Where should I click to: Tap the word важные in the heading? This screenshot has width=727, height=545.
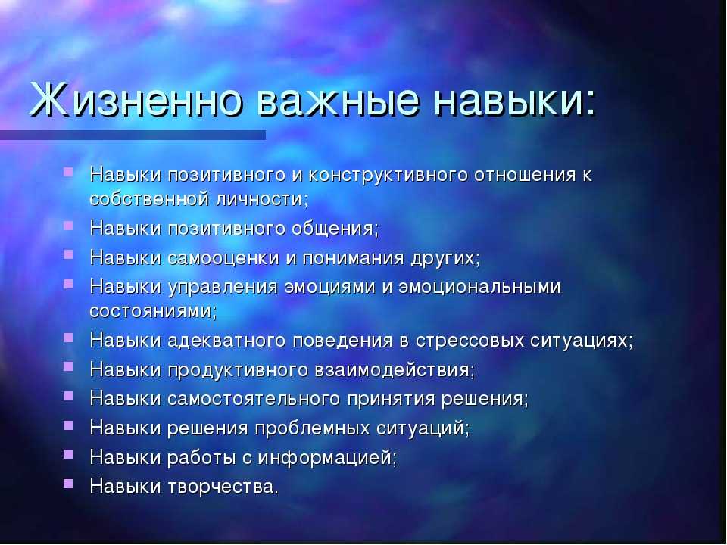[338, 99]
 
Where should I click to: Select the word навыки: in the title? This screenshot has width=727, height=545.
[515, 99]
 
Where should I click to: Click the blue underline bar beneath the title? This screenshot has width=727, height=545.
[133, 135]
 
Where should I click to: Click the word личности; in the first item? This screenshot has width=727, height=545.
[262, 199]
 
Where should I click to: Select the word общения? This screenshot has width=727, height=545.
[335, 229]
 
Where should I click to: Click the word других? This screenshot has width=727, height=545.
[445, 258]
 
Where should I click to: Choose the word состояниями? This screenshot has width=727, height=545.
[153, 311]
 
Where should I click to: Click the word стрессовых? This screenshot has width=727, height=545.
[470, 341]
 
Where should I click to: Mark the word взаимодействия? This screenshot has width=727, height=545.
[395, 370]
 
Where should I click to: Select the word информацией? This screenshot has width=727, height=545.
[327, 458]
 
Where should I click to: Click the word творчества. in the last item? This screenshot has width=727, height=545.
[223, 487]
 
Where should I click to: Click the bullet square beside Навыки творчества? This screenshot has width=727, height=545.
[69, 484]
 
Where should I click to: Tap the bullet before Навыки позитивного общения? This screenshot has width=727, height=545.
[69, 226]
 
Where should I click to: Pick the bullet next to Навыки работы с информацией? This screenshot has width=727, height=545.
[69, 455]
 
